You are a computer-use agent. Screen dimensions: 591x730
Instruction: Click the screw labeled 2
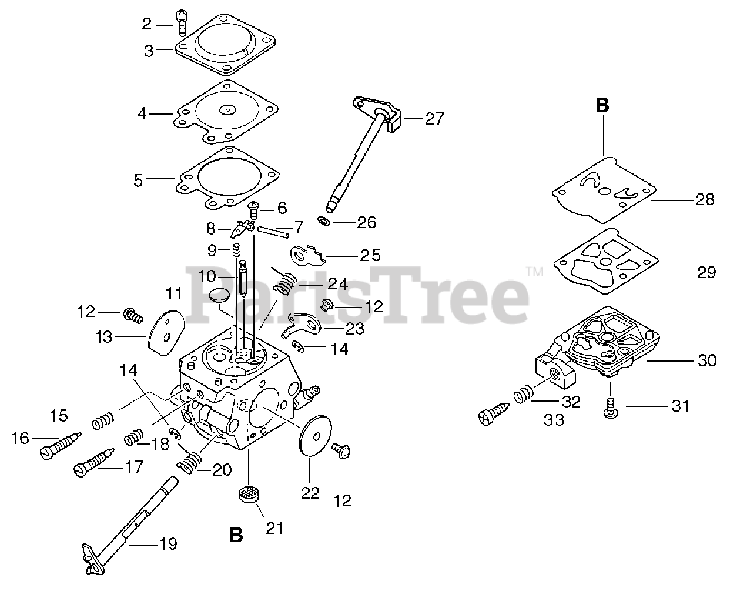pos(181,23)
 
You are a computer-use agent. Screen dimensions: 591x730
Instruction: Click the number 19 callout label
pos(168,544)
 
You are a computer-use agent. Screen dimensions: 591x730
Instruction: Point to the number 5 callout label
pos(138,180)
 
